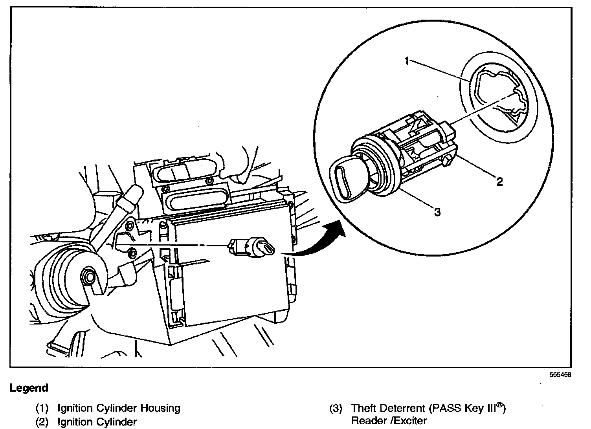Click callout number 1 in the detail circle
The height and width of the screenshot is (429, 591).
click(x=407, y=61)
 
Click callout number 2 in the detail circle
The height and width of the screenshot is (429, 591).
click(x=499, y=181)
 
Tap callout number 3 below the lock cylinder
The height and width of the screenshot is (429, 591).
click(x=437, y=213)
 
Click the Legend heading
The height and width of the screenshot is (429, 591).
click(x=29, y=388)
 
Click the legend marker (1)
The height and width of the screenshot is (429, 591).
click(x=42, y=409)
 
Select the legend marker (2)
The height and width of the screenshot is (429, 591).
click(x=42, y=422)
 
